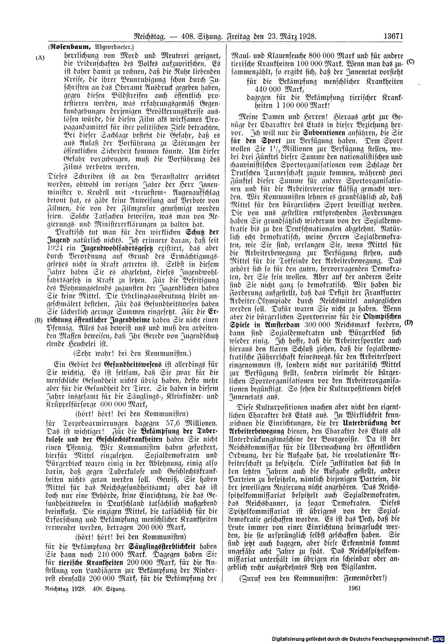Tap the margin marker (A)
(41, 58)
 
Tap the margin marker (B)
(41, 321)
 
